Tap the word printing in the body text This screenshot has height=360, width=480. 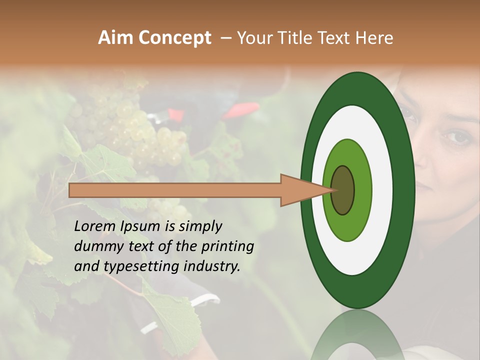(227, 246)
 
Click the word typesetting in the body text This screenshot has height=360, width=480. (134, 266)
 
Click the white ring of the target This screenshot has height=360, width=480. (382, 190)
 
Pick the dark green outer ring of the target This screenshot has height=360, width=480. (406, 190)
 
